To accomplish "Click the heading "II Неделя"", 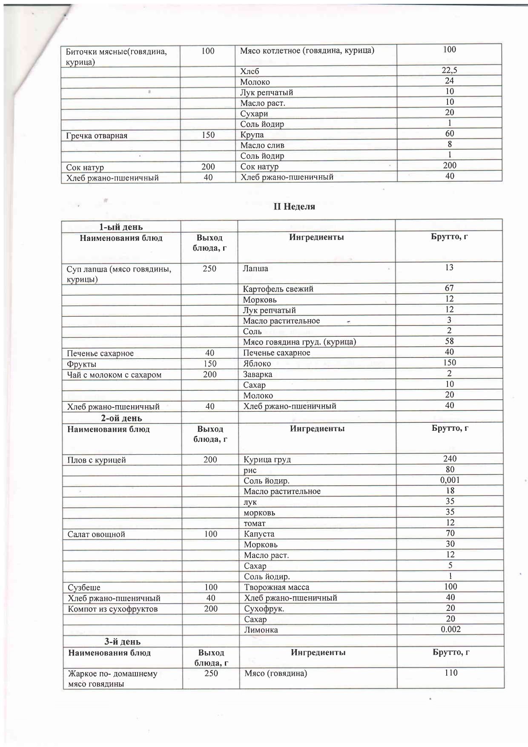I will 294,207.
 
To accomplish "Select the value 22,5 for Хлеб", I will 449,70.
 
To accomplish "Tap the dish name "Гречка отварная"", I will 97,136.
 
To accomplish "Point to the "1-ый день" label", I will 121,227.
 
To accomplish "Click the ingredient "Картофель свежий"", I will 278,289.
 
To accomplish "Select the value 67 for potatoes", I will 449,288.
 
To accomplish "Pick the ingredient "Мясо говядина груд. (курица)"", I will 299,342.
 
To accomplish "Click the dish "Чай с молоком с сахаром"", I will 114,375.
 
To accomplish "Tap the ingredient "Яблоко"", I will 257,363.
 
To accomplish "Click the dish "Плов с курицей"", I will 97,460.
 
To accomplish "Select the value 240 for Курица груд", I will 450,459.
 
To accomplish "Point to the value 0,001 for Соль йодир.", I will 450,480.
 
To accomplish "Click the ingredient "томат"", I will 254,524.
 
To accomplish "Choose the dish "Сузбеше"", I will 84,588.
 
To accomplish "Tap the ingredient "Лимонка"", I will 261,630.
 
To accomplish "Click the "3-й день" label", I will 123,642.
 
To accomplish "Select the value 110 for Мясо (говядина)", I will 451,673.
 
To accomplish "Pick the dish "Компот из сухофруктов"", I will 113,609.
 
